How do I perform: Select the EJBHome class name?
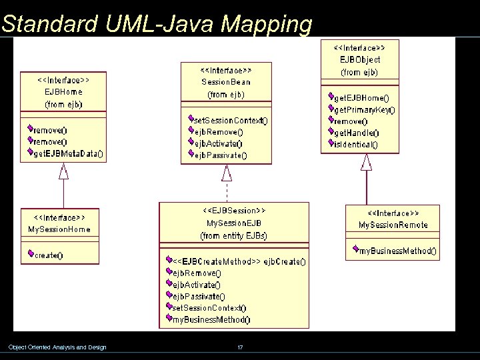tap(63, 91)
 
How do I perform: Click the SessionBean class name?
tap(226, 81)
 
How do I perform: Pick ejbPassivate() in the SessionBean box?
tap(219, 155)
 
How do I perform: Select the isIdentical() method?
tap(355, 144)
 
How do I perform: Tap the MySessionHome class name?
tap(59, 229)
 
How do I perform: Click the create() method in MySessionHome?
tap(49, 255)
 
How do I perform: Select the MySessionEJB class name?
tap(234, 223)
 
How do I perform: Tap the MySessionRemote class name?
tap(393, 225)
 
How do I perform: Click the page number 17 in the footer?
tap(239, 347)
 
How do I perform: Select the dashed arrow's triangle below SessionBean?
tap(227, 173)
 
